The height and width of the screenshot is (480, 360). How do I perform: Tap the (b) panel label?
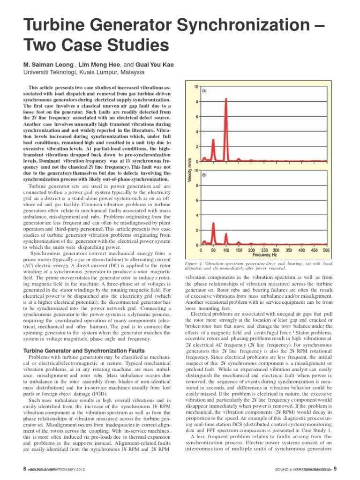point(205,175)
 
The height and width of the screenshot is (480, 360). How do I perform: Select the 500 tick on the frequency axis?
point(326,250)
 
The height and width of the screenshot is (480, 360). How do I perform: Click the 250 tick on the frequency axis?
point(264,250)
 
